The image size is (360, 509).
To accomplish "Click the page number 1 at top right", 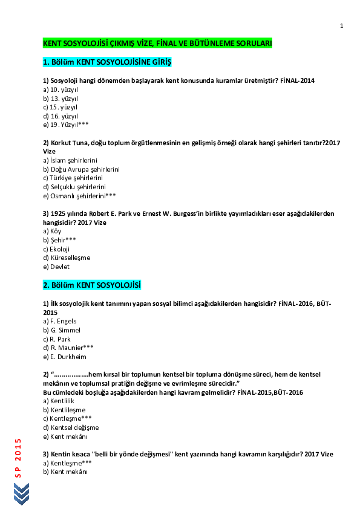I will pos(342,25).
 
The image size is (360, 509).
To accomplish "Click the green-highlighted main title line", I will pos(157,44).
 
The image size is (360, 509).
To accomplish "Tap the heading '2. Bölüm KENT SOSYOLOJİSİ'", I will pos(92,285).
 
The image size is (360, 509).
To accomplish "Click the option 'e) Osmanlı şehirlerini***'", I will pos(79,196).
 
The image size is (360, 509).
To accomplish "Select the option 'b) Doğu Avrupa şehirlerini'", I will pos(81,169).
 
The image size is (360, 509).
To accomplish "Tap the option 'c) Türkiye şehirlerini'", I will pos(73,178).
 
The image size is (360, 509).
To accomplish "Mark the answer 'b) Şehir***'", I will pos(59,240).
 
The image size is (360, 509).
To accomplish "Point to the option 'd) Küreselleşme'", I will pos(67,258).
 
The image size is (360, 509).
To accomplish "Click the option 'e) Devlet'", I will pos(56,267).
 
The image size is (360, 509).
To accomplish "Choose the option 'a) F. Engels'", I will pos(60,321).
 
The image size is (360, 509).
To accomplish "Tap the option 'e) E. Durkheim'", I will pos(64,357).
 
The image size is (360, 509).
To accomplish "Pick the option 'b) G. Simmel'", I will pos(61,330).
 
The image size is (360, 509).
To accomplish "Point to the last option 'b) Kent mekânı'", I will pos(65,472).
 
